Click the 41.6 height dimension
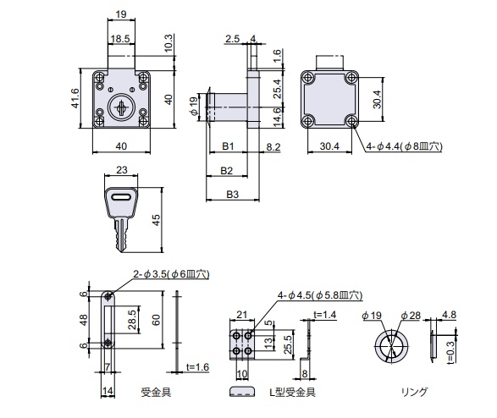pyautogui.click(x=75, y=98)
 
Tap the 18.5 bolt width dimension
pyautogui.click(x=120, y=39)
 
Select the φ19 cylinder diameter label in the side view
pyautogui.click(x=193, y=106)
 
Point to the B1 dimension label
pyautogui.click(x=228, y=146)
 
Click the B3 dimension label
pyautogui.click(x=232, y=195)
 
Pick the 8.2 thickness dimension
pyautogui.click(x=273, y=147)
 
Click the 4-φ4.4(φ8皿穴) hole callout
pyautogui.click(x=404, y=146)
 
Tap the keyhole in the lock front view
pyautogui.click(x=121, y=108)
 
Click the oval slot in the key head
pyautogui.click(x=121, y=198)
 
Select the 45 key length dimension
pyautogui.click(x=156, y=220)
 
